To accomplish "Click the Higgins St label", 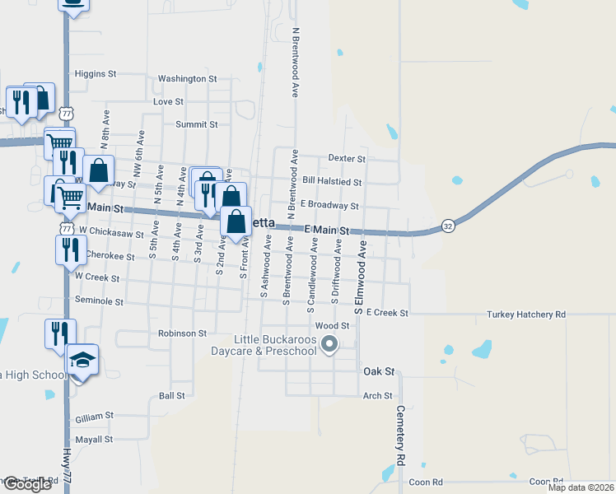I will (x=95, y=73).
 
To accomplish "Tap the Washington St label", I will (x=187, y=79).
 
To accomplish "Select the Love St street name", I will (x=168, y=101).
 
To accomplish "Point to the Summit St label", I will (x=196, y=124).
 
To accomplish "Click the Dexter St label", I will (x=346, y=157).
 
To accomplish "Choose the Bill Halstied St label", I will (x=332, y=181).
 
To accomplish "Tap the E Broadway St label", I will (x=329, y=205).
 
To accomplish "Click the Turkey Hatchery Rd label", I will (x=525, y=315).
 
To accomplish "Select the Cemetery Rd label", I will (x=400, y=436).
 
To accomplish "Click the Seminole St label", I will (x=99, y=301).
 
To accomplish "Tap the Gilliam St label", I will (x=94, y=417).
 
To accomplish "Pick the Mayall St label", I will (x=93, y=439).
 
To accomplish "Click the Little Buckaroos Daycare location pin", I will (x=329, y=344).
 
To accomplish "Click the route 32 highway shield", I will (x=447, y=226).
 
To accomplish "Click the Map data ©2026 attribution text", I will (x=580, y=487).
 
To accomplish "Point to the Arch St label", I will (x=377, y=396).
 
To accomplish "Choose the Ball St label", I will (x=171, y=396).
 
